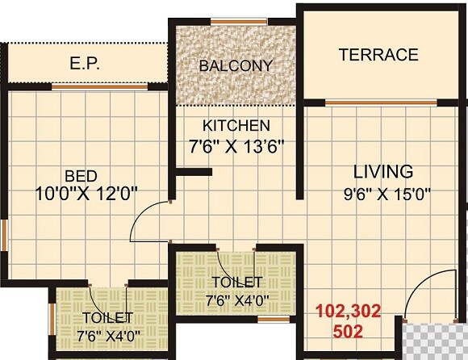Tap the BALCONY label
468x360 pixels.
click(x=236, y=65)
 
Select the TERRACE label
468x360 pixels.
click(x=378, y=55)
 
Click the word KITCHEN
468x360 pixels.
click(x=236, y=126)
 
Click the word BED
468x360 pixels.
click(x=82, y=176)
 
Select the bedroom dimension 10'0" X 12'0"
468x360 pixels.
click(x=87, y=193)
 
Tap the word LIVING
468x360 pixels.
click(x=384, y=172)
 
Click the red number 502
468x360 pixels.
click(x=347, y=331)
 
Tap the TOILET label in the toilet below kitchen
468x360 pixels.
click(x=236, y=282)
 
